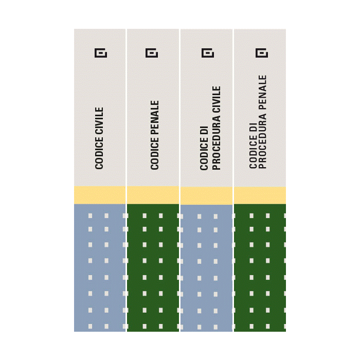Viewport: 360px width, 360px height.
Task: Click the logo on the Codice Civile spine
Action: point(101,53)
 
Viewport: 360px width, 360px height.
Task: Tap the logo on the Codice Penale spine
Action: point(152,53)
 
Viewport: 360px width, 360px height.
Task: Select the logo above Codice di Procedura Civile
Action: point(208,53)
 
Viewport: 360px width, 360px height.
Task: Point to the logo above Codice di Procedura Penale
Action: point(262,53)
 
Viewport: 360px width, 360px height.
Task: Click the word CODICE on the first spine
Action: point(99,153)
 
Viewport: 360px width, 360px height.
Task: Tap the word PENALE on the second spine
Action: point(155,118)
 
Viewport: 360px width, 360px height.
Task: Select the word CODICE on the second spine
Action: point(155,154)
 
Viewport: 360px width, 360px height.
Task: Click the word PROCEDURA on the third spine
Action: point(217,142)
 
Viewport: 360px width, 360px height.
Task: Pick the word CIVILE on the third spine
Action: point(217,100)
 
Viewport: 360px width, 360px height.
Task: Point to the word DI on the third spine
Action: point(204,130)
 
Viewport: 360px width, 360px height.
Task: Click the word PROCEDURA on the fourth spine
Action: point(262,141)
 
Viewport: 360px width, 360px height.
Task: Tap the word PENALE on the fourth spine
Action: point(262,92)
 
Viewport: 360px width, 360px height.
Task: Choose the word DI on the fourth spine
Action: point(253,128)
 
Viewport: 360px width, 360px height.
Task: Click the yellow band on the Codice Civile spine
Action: point(100,195)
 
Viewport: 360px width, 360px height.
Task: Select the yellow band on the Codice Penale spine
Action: point(153,195)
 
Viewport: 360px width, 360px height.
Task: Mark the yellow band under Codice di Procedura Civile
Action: point(206,195)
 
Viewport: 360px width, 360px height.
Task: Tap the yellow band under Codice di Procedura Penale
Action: point(260,195)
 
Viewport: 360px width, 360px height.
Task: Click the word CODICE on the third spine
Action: point(204,154)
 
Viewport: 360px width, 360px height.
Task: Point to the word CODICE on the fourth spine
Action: point(253,151)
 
